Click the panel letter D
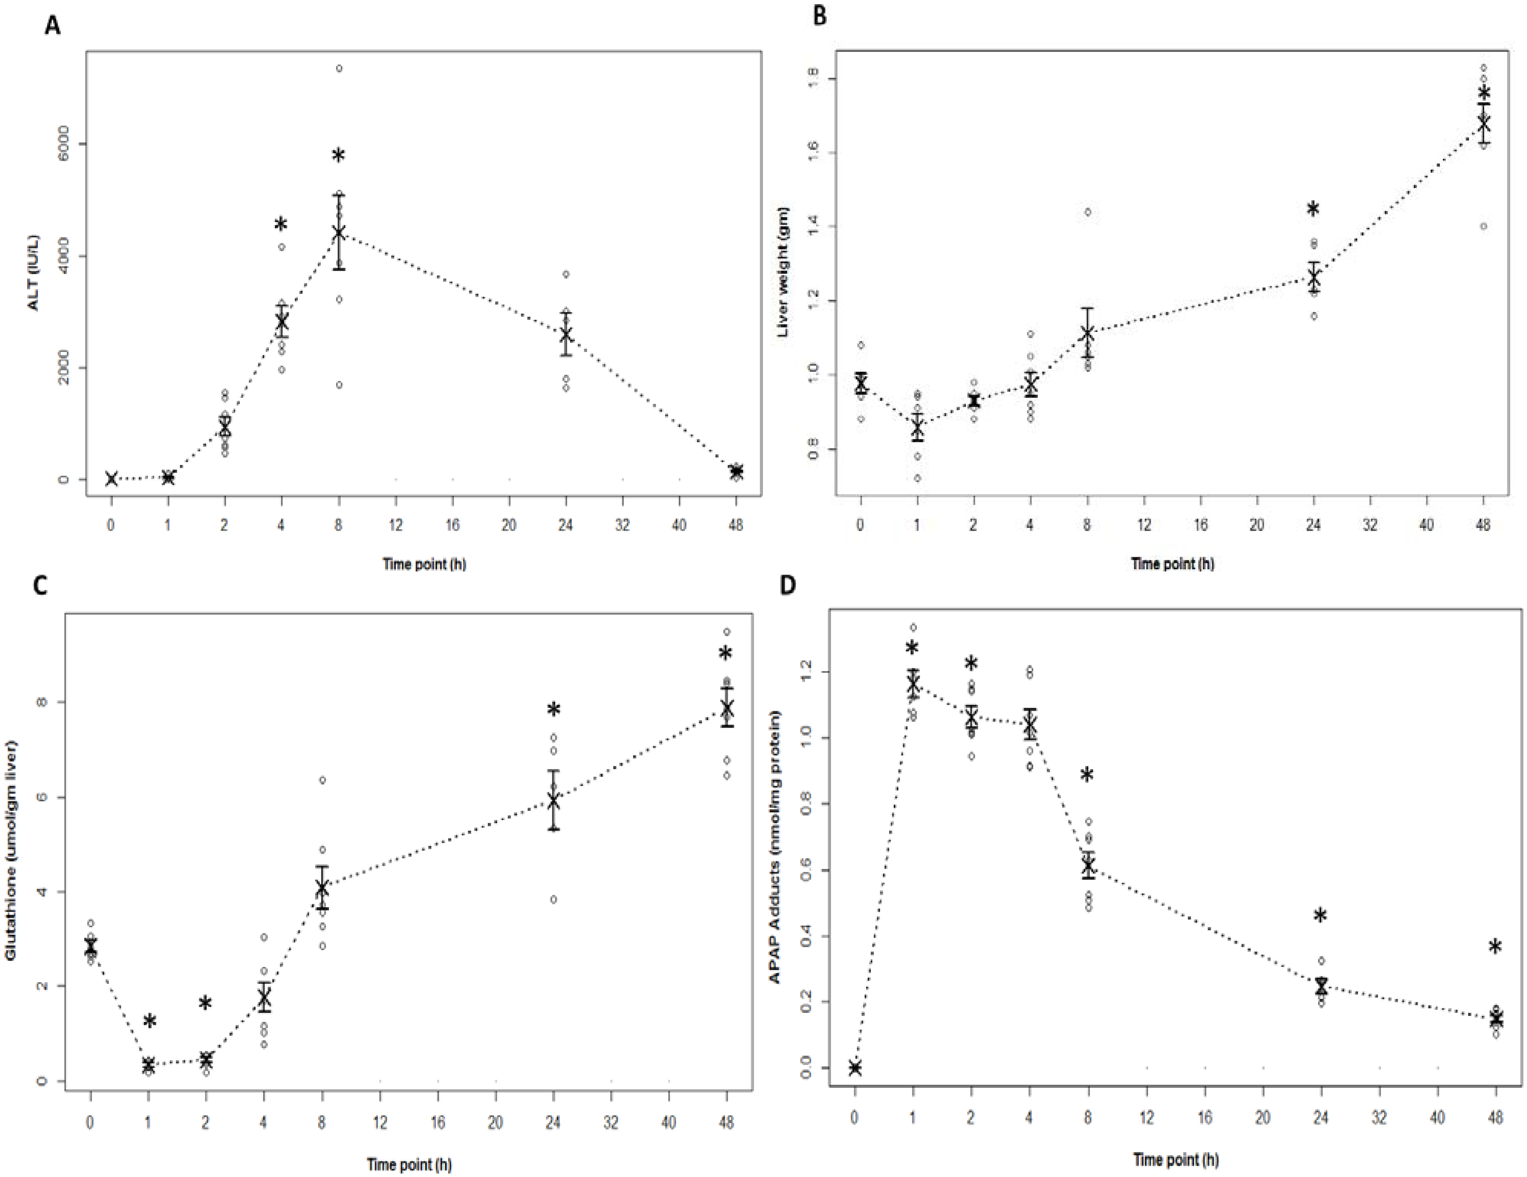(787, 584)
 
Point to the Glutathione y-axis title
(10, 850)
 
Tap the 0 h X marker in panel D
(854, 1068)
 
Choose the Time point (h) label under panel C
(409, 1164)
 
